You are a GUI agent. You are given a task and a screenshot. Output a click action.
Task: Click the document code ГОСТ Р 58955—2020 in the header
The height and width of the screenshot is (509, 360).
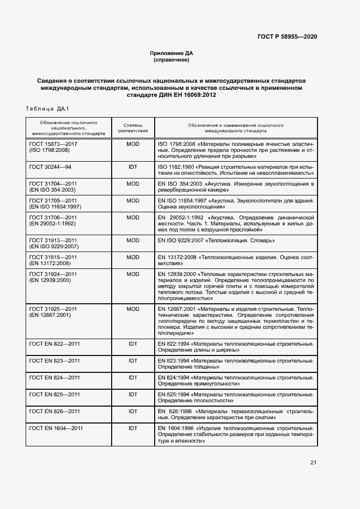pos(286,36)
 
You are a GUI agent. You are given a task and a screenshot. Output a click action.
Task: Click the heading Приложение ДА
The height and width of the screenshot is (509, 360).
pos(172,53)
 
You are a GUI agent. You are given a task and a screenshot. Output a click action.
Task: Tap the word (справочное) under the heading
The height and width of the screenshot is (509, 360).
pos(172,60)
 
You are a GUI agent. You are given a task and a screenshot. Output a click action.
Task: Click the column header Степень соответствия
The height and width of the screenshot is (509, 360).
pos(132,128)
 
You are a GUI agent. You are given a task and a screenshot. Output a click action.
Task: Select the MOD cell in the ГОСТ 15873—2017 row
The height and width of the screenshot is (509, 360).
pos(132,144)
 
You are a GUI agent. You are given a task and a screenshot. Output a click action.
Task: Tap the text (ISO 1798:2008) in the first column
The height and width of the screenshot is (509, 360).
pos(49,150)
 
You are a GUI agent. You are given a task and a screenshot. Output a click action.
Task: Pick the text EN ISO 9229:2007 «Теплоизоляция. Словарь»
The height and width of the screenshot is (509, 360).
pos(216,240)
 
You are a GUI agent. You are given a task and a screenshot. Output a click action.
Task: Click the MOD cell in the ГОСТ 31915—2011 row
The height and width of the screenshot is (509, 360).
pos(132,257)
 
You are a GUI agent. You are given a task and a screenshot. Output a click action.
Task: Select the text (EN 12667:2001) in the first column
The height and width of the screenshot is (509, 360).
pos(50,315)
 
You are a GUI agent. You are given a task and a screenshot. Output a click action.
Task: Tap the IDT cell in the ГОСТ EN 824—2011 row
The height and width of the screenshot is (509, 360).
pos(132,377)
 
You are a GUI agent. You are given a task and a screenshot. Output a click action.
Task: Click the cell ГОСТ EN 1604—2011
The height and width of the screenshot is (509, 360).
pos(56,428)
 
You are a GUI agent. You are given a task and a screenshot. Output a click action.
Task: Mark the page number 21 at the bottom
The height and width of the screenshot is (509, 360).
pos(313,463)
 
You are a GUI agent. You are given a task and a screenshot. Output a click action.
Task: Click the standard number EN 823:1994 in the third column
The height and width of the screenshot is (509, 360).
pos(174,360)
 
